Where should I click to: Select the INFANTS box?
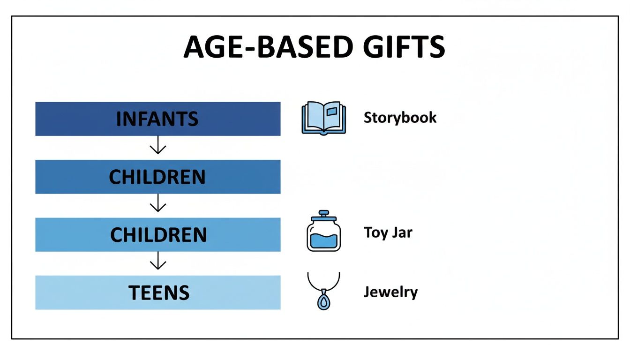157,119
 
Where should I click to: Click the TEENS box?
157,292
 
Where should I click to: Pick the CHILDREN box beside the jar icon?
157,235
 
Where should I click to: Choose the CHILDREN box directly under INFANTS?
157,177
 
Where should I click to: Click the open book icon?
323,119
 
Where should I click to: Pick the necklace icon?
323,291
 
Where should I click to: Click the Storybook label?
400,117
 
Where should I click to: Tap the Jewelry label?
390,292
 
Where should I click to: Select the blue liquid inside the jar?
323,240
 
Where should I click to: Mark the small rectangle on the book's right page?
332,112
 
